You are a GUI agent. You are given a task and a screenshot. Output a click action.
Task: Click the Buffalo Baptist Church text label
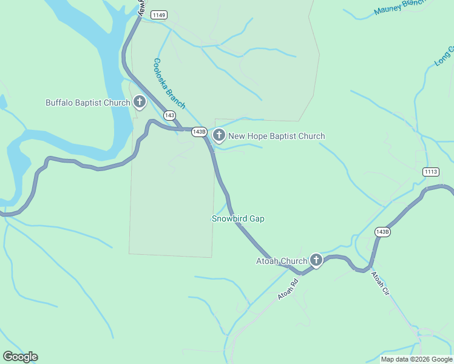click(x=88, y=103)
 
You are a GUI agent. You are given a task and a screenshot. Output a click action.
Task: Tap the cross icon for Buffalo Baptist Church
click(x=140, y=102)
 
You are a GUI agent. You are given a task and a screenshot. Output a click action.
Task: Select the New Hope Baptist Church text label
click(x=276, y=136)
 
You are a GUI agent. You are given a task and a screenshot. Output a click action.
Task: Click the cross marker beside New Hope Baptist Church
click(x=219, y=135)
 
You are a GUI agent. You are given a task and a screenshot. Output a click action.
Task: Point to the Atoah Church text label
click(x=282, y=261)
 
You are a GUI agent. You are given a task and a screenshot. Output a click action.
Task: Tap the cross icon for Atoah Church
click(x=316, y=260)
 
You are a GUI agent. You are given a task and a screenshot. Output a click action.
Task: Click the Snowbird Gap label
click(x=238, y=218)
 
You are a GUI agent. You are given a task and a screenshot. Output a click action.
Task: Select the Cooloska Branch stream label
click(x=169, y=83)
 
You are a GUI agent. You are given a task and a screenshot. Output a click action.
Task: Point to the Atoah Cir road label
click(x=380, y=283)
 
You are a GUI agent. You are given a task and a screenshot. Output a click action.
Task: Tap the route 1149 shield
click(x=160, y=15)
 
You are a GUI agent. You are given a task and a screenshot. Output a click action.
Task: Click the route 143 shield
click(x=169, y=115)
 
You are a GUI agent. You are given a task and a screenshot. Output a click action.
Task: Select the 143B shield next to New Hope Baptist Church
click(x=199, y=132)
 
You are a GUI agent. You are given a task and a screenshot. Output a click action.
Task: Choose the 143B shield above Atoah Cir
click(x=382, y=232)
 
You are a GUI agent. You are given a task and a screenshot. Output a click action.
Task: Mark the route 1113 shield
click(x=431, y=172)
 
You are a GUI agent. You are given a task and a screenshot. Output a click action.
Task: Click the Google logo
click(x=20, y=357)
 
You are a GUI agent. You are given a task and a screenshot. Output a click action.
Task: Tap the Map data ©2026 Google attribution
click(x=416, y=359)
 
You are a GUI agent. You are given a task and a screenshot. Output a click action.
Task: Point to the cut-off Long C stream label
click(x=444, y=56)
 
